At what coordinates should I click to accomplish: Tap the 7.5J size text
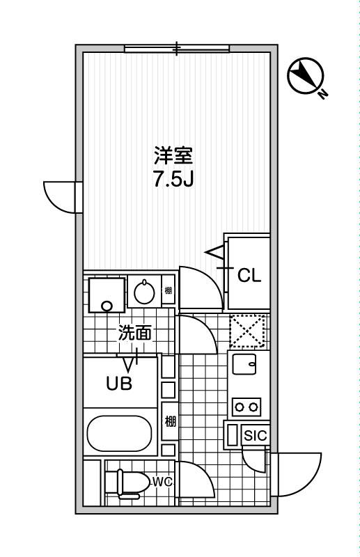click(173, 180)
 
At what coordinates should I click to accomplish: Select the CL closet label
click(249, 276)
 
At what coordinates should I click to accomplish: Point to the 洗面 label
click(134, 333)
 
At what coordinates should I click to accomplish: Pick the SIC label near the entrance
click(255, 436)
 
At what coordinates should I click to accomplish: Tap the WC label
click(162, 481)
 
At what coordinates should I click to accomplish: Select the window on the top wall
click(177, 48)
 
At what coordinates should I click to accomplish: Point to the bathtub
click(119, 434)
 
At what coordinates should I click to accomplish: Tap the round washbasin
click(144, 292)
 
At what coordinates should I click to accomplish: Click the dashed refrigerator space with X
click(247, 331)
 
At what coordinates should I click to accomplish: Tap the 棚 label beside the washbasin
click(168, 290)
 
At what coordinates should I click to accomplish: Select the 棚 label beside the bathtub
click(169, 421)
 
